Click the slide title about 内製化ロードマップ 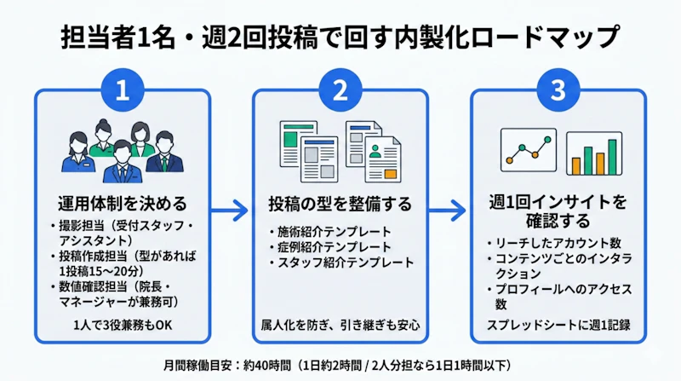(340, 38)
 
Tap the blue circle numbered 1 (122, 91)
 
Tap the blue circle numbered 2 (340, 91)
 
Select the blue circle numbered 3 (558, 91)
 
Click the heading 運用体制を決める (122, 205)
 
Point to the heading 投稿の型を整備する (340, 205)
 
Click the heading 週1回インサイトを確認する (558, 213)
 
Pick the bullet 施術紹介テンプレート (329, 232)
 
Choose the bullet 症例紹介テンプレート (329, 247)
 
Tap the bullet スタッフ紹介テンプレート (335, 263)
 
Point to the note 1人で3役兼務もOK (122, 325)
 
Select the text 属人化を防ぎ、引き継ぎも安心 (340, 325)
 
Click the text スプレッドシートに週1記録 (558, 325)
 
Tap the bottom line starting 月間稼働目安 (340, 363)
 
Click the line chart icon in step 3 (527, 152)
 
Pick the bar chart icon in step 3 (593, 153)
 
